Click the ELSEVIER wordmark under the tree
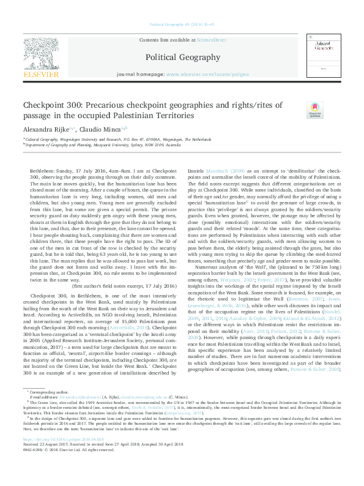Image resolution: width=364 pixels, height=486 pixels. pyautogui.click(x=41, y=75)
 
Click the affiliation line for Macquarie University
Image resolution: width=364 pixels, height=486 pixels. pyautogui.click(x=98, y=144)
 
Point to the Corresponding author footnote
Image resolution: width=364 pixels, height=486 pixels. pyautogui.click(x=50, y=407)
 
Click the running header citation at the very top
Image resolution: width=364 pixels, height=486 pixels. pyautogui.click(x=182, y=24)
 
